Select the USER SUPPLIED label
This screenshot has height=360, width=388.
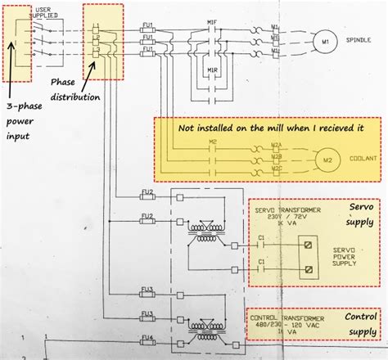(44, 12)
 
